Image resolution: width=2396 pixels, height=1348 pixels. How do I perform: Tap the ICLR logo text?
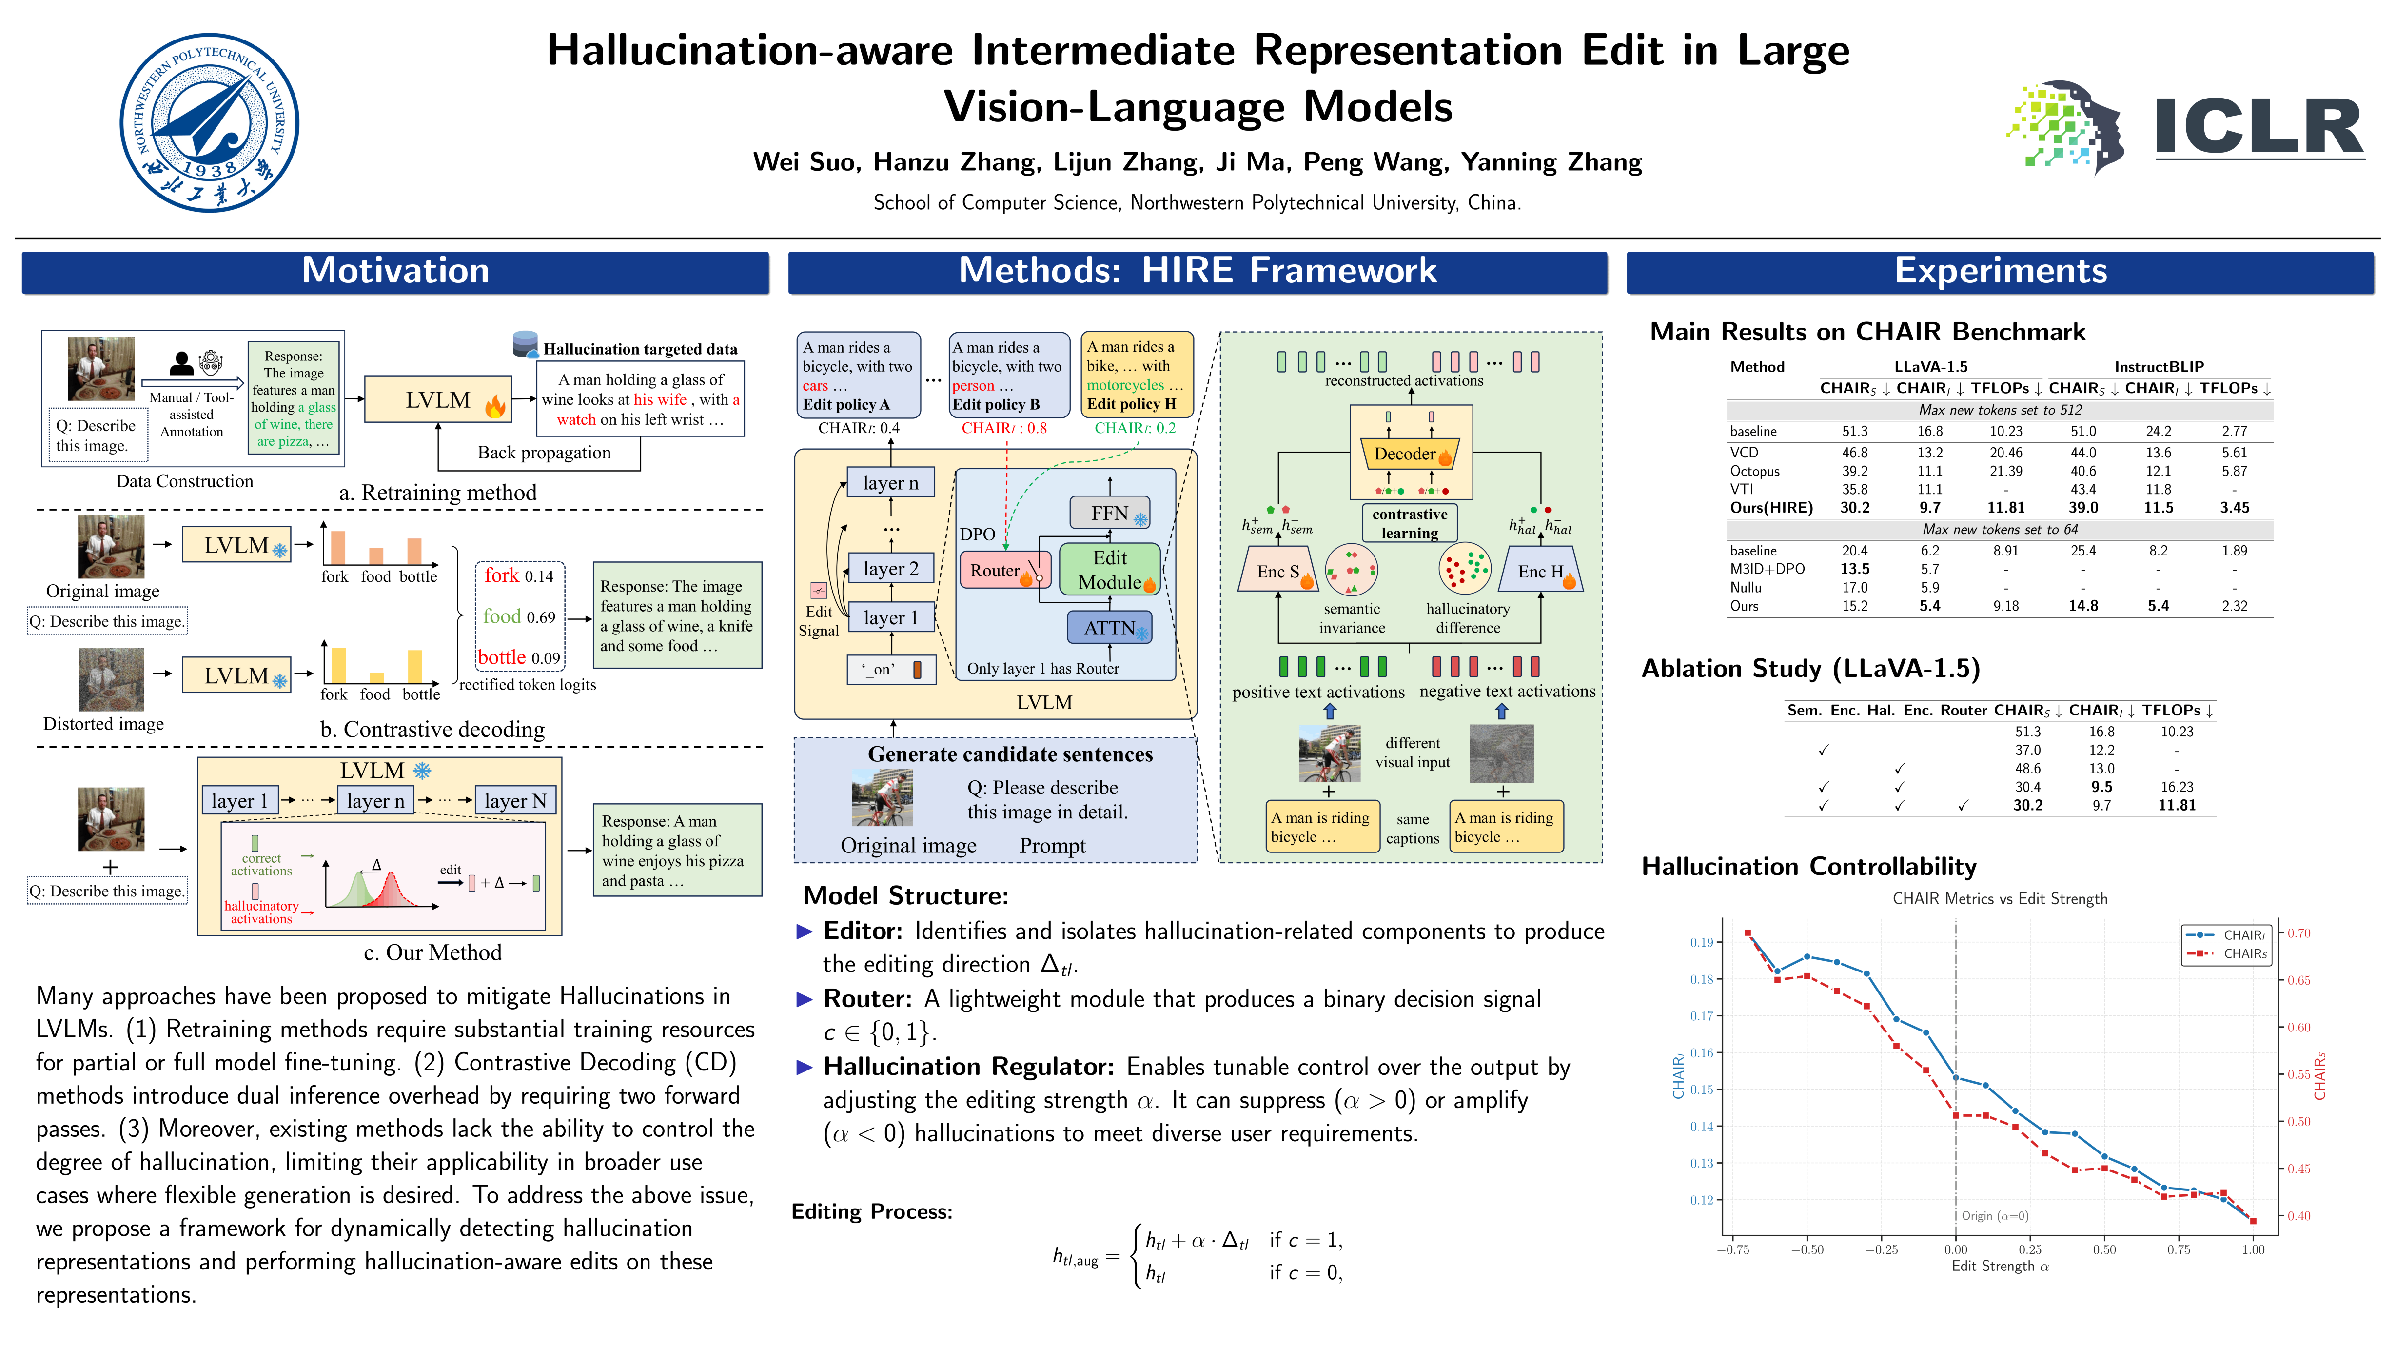(2259, 127)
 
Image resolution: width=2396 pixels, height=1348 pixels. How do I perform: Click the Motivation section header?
(395, 271)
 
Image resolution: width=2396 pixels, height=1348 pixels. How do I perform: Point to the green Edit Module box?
(1110, 569)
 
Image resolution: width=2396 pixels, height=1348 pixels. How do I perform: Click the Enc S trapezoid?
(1279, 571)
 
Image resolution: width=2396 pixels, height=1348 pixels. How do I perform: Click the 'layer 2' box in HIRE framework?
(891, 568)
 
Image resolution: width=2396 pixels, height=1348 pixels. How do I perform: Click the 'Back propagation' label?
(544, 453)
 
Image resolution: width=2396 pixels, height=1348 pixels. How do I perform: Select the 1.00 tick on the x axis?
(2253, 1249)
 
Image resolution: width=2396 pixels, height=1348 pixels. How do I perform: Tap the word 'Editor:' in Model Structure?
(862, 931)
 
